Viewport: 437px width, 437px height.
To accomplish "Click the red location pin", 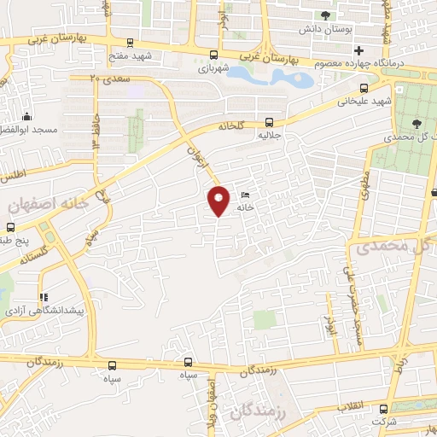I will coord(219,201).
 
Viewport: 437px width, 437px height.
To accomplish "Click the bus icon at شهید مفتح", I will coord(129,42).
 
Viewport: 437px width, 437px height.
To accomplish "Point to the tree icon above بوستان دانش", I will coord(324,15).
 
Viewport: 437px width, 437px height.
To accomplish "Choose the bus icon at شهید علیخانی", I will coord(364,86).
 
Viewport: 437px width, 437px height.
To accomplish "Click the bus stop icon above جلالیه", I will coord(270,121).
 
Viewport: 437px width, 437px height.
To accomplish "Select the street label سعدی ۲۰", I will coord(108,77).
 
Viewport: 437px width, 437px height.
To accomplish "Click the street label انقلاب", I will coord(366,405).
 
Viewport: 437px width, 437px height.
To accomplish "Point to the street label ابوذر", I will coord(329,324).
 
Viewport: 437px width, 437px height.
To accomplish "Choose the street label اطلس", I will coord(14,174).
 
